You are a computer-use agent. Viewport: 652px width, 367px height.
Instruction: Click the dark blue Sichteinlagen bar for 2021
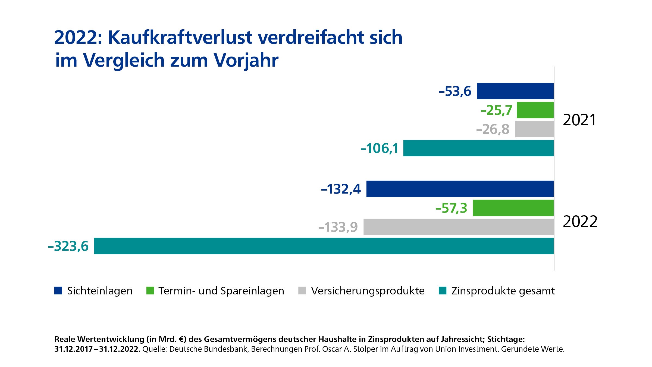[x=515, y=91]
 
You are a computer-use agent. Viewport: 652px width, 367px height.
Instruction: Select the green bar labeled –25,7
[x=535, y=110]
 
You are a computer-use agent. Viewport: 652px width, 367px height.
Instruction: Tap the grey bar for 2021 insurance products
[x=534, y=129]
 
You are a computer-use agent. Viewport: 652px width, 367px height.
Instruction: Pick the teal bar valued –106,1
[x=478, y=148]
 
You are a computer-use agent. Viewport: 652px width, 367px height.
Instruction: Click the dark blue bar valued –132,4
[x=460, y=189]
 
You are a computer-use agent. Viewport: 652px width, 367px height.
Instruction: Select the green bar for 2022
[x=513, y=208]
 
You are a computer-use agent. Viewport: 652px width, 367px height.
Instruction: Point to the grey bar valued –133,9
[x=458, y=227]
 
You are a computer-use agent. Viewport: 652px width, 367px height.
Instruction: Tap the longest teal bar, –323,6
[x=323, y=246]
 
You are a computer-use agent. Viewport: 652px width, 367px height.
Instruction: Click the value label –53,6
[x=455, y=91]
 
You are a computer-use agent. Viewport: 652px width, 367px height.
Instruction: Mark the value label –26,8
[x=493, y=129]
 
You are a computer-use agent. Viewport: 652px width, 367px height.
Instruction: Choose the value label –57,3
[x=451, y=209]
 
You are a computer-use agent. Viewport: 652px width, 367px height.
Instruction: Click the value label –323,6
[x=68, y=246]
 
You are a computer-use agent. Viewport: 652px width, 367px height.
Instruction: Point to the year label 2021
[x=579, y=120]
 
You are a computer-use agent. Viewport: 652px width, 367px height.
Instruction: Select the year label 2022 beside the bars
[x=580, y=222]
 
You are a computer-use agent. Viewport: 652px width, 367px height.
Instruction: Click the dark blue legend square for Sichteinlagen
[x=58, y=291]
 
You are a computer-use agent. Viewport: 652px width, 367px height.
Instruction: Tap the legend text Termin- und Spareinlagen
[x=221, y=291]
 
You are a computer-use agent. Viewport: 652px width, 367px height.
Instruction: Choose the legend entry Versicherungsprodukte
[x=368, y=291]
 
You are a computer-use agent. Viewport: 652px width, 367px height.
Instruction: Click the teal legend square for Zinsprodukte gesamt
[x=443, y=291]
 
